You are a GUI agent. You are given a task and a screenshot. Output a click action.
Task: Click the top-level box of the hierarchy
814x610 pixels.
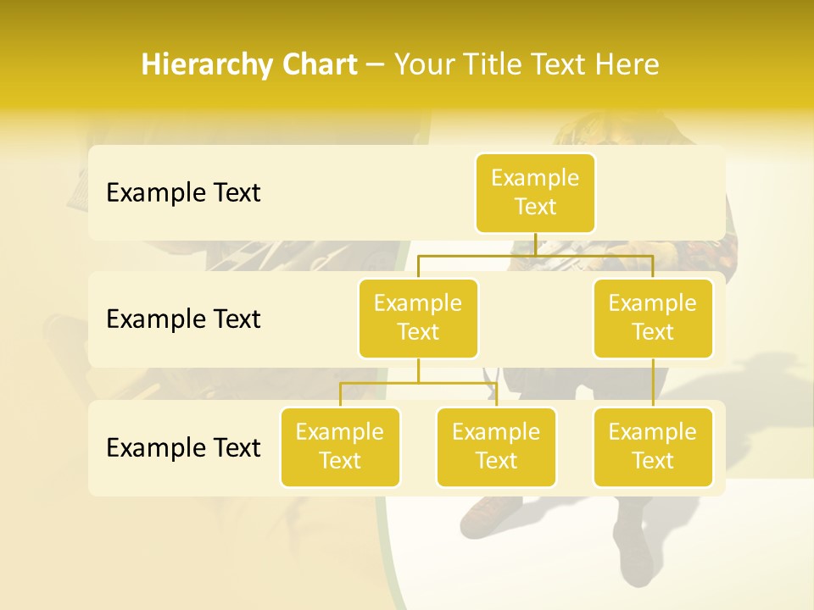tap(535, 192)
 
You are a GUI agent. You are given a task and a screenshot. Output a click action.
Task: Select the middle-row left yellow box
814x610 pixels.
tap(418, 318)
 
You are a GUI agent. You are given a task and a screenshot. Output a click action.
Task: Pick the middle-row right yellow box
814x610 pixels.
tap(653, 318)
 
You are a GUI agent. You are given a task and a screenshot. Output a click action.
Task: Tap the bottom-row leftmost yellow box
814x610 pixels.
tap(340, 446)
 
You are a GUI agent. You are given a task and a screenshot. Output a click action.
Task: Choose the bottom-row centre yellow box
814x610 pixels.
tap(496, 446)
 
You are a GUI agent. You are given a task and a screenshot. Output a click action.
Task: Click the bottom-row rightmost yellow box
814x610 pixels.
tap(653, 446)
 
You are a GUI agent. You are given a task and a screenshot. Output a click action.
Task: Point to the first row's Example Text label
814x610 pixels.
tap(183, 193)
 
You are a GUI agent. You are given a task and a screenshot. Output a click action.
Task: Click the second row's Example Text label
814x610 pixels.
tap(183, 319)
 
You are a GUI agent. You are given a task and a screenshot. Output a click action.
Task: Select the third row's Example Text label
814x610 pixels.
tap(183, 447)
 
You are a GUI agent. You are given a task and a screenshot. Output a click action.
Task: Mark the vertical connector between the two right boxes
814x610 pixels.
tap(653, 383)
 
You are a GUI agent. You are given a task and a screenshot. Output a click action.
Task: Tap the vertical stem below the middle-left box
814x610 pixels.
tap(418, 370)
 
